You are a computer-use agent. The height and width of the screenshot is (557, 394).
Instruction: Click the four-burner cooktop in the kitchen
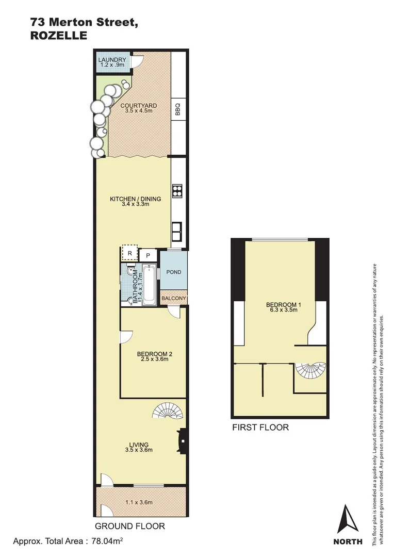coord(177,191)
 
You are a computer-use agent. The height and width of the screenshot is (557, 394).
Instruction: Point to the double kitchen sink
coord(177,231)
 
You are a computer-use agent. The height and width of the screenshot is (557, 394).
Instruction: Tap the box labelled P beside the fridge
coord(148,255)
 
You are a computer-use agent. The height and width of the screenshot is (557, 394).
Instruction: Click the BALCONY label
coord(174,299)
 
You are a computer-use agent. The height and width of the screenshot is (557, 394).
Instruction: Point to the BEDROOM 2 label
coord(154,354)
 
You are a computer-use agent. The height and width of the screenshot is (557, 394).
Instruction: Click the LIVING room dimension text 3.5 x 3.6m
coord(138,450)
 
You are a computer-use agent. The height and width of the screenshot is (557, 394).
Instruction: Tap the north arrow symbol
coord(348,519)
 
